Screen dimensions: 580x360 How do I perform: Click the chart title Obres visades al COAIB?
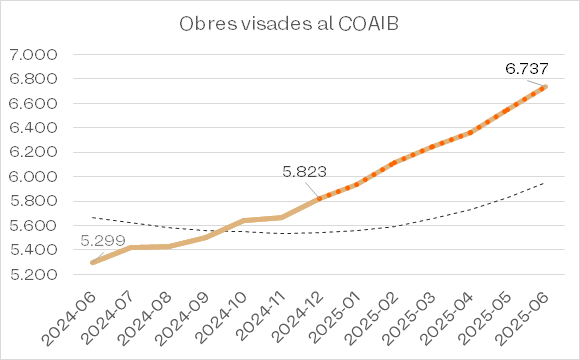coord(289,24)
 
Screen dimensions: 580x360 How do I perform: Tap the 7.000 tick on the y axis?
coord(34,55)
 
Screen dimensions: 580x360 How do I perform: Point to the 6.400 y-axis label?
coord(34,128)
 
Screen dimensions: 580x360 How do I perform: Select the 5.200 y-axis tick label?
coord(34,275)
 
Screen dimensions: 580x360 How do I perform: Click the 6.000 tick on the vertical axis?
coord(34,177)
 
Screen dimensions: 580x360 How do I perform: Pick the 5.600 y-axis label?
coord(34,226)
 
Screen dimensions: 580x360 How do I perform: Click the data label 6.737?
coord(527,69)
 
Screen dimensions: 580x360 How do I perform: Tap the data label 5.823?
coord(304,172)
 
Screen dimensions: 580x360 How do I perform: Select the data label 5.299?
coord(103,241)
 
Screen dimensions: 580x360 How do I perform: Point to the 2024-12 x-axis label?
coord(298,319)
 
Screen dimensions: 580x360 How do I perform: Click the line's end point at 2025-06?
coord(544,87)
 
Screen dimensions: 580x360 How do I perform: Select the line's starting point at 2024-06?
coord(92,263)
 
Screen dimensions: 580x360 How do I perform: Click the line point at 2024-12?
coord(319,199)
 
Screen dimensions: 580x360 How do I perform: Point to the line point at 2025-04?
coord(471,132)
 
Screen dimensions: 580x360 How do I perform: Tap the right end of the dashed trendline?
coord(544,183)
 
